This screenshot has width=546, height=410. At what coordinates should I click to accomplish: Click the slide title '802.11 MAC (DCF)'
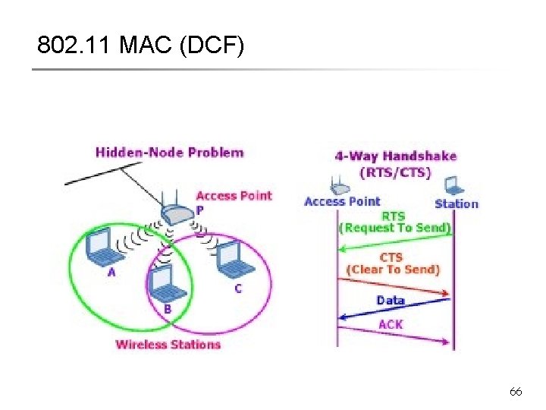tap(141, 46)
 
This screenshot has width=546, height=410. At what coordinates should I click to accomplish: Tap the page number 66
tap(516, 392)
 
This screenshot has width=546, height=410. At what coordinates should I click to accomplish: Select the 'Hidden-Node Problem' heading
tap(169, 152)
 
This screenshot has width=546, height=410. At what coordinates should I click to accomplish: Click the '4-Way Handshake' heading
tap(395, 156)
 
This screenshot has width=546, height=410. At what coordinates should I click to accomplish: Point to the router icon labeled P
tap(180, 213)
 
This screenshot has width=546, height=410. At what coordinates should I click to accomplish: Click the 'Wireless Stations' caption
tap(168, 344)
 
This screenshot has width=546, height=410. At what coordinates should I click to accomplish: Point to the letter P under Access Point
tap(199, 210)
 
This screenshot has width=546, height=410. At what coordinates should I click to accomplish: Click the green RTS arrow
tap(394, 242)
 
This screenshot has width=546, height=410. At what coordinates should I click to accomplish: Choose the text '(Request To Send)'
tap(394, 228)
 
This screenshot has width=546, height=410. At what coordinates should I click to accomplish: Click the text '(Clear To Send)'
tap(393, 270)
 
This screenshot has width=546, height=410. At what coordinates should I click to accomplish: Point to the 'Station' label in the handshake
tap(457, 203)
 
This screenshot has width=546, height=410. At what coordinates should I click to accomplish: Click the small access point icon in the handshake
tap(339, 184)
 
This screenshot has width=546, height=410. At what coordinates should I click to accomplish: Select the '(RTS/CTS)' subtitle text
tap(395, 172)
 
